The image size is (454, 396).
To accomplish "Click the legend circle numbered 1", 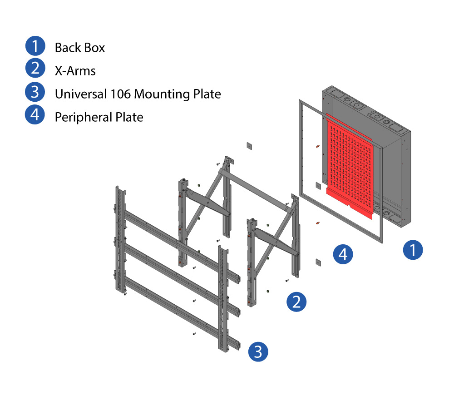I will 35,47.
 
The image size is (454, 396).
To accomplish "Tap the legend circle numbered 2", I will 35,70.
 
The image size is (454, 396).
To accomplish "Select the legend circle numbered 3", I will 35,93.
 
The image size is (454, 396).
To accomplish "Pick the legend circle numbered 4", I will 35,116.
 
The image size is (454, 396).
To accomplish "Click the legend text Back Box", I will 80,48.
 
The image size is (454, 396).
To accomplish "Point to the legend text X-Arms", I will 75,71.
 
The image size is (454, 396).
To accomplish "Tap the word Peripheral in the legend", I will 83,117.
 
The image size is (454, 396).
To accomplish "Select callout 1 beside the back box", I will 413,250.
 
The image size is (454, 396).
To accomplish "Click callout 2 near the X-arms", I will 296,302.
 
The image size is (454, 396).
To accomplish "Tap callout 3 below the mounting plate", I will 258,352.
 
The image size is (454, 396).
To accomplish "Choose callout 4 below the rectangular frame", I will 343,254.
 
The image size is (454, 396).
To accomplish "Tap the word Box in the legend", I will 95,48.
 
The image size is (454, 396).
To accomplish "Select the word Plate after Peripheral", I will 130,117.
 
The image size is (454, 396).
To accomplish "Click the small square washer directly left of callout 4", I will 318,262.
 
